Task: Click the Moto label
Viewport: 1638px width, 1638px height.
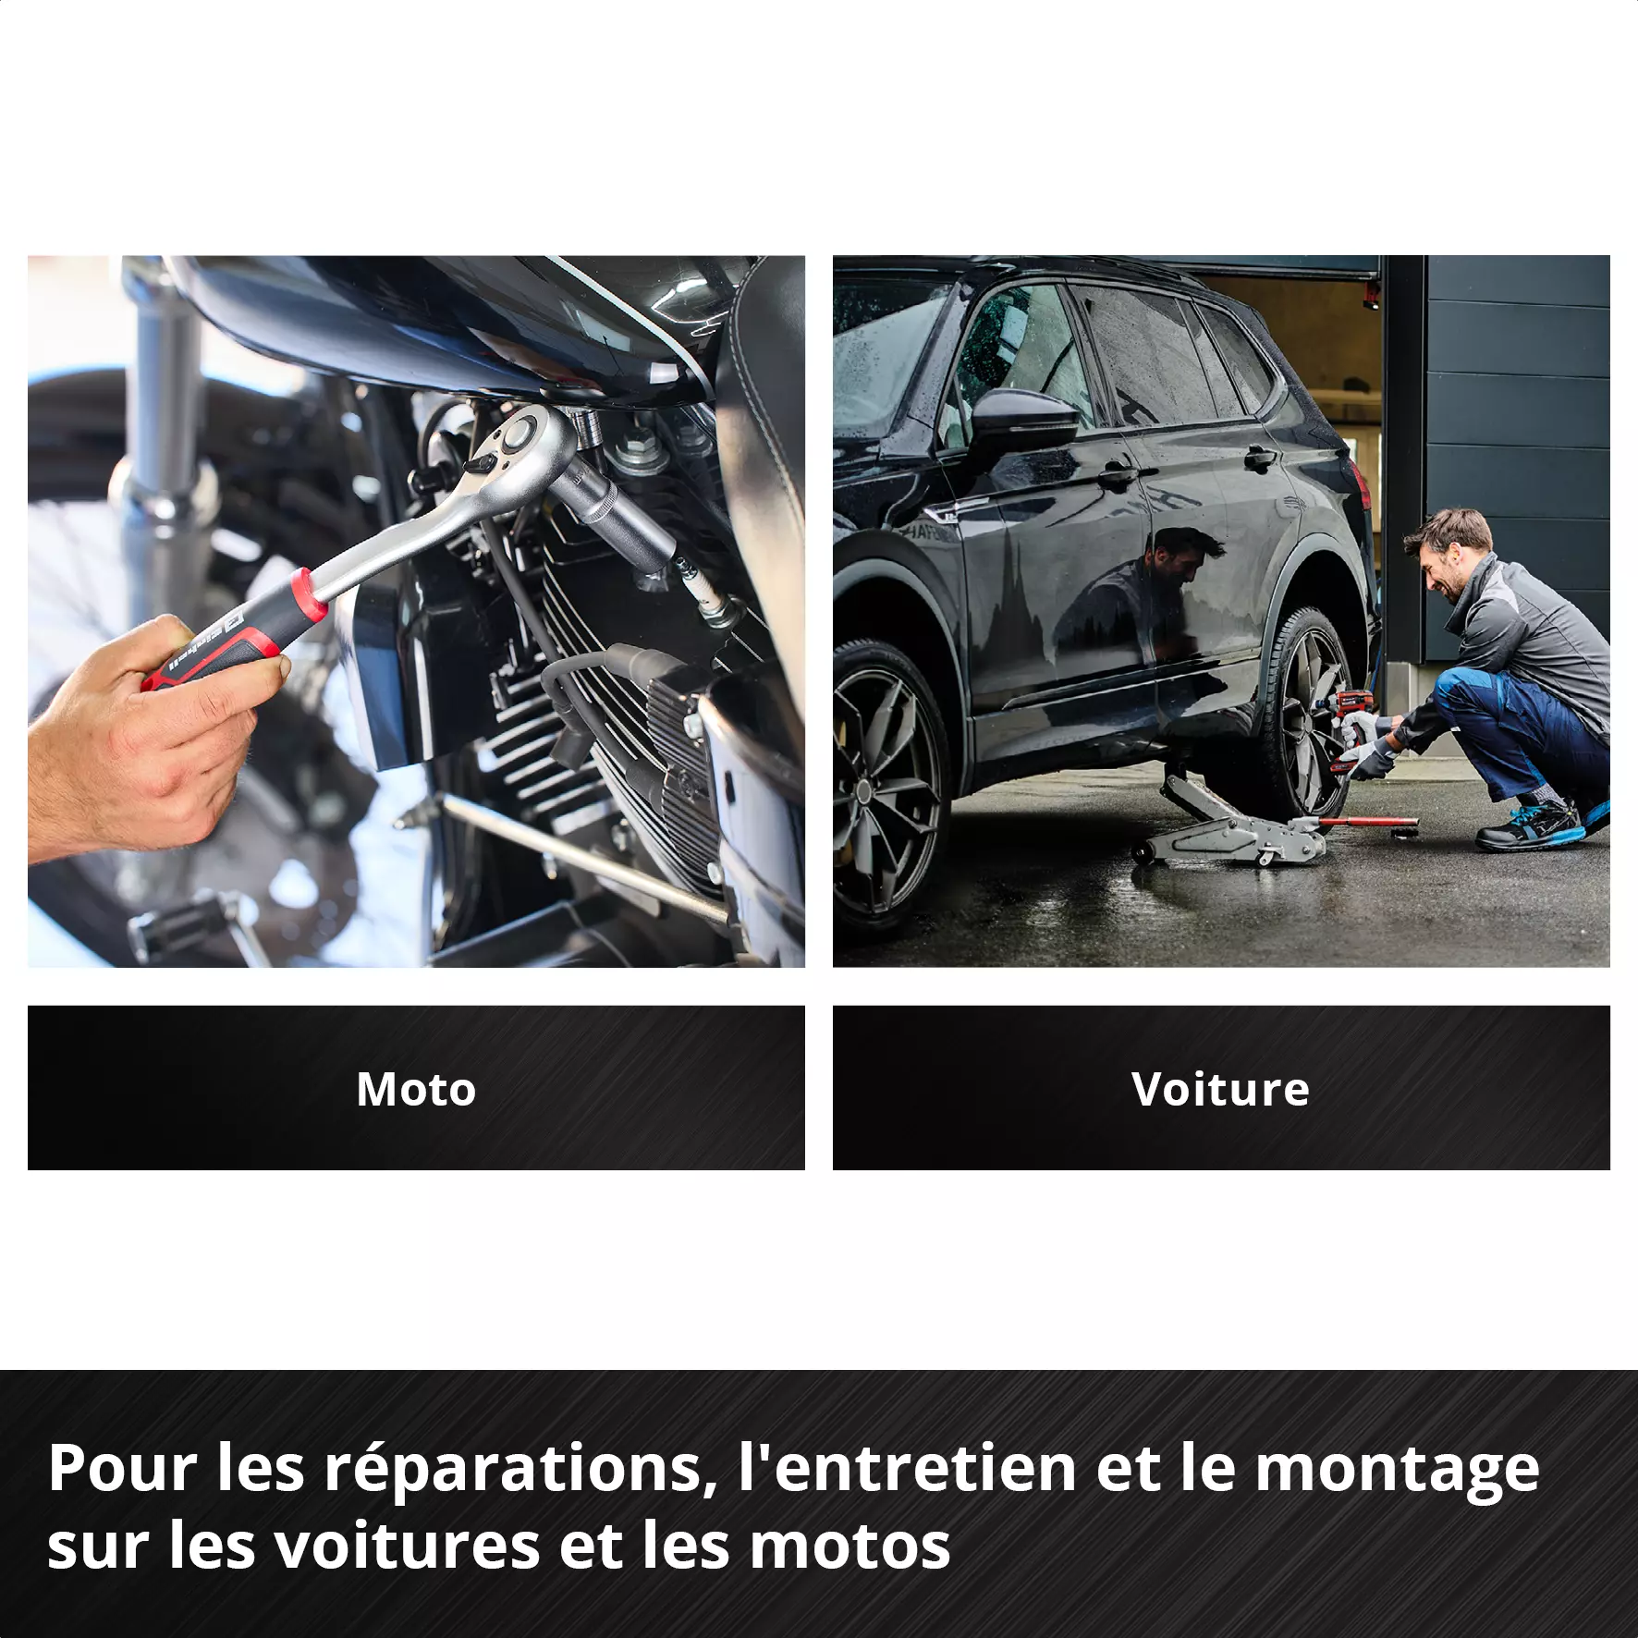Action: pos(416,1089)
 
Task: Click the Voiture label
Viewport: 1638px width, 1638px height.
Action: pos(1220,1089)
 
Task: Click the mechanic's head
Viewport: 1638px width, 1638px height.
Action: pos(1448,553)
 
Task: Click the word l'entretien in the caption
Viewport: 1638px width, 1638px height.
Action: pos(907,1468)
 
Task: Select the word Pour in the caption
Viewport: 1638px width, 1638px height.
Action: pos(123,1468)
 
